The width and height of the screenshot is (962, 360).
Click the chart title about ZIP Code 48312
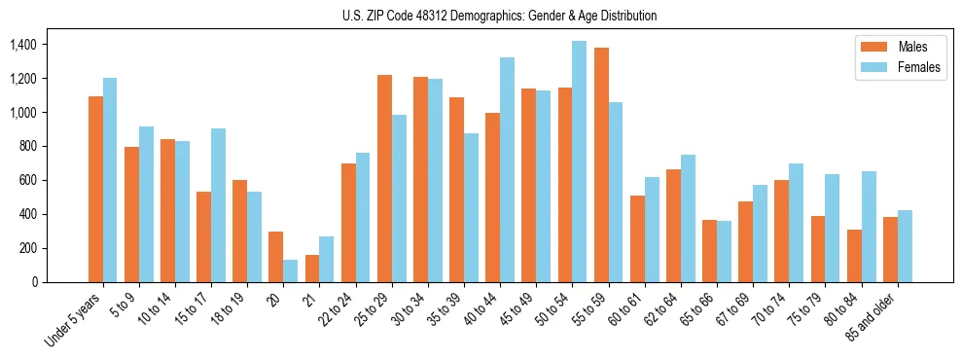point(500,16)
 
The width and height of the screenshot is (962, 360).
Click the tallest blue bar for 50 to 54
point(579,162)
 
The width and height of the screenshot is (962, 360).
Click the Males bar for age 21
point(312,269)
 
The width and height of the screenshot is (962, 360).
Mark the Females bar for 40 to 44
point(507,170)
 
